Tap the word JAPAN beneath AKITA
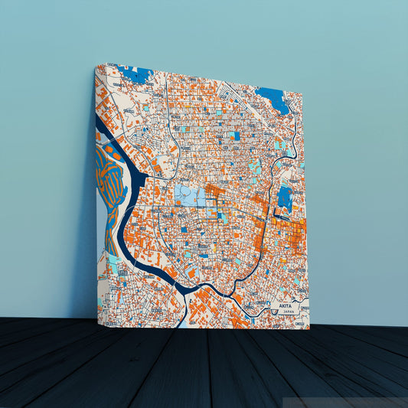pyautogui.click(x=288, y=312)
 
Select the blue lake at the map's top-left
pyautogui.click(x=135, y=74)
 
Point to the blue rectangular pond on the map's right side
pyautogui.click(x=285, y=197)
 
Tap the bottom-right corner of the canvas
pyautogui.click(x=309, y=328)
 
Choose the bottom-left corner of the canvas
pyautogui.click(x=97, y=317)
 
